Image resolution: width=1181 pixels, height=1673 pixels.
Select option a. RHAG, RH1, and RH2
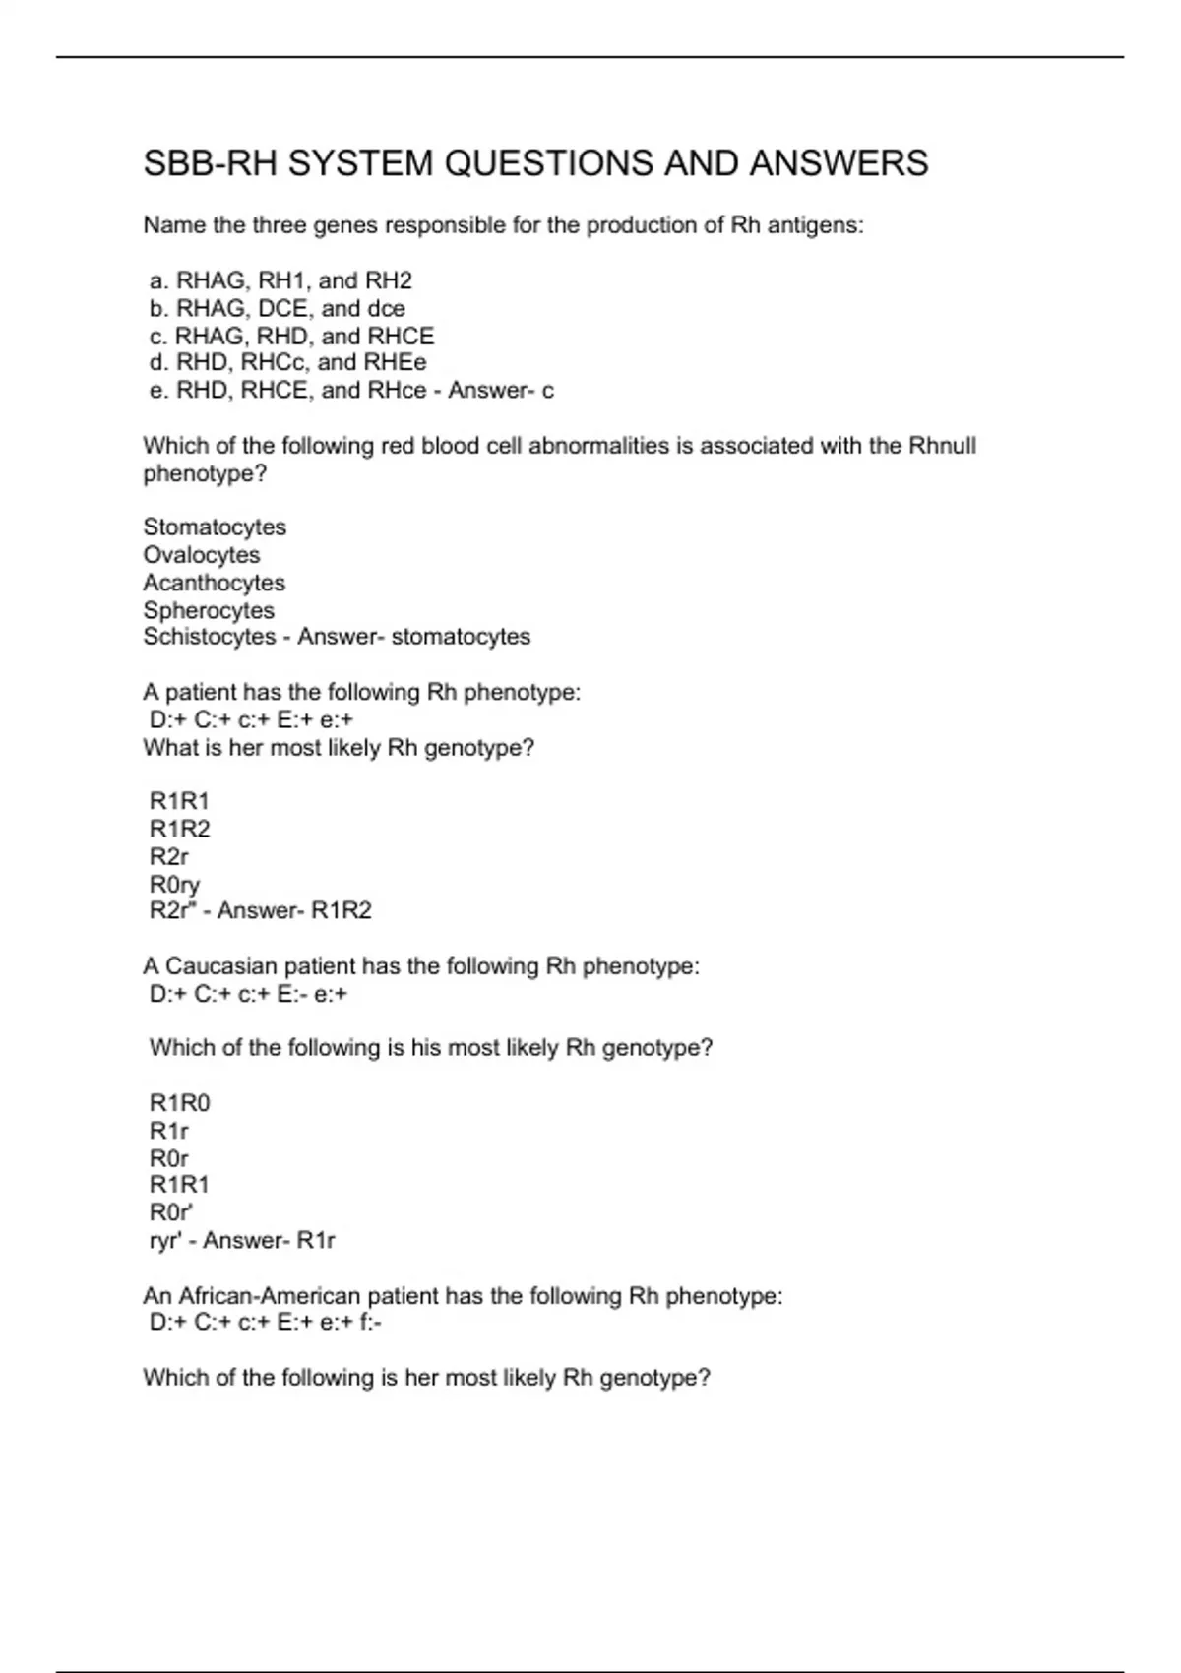point(280,280)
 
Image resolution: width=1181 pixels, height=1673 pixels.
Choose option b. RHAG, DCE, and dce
point(277,308)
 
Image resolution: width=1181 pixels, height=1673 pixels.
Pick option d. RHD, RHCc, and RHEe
point(287,362)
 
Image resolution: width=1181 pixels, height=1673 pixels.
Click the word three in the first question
point(280,225)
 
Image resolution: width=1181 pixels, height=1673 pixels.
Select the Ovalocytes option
point(202,555)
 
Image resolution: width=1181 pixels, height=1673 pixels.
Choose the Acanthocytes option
point(214,583)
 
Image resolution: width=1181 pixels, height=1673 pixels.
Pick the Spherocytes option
point(209,610)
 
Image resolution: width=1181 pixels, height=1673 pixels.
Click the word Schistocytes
point(210,637)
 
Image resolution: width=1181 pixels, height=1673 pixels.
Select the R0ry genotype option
point(174,885)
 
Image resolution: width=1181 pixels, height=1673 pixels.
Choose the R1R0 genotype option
point(179,1103)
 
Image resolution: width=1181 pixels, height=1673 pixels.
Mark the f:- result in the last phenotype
point(371,1323)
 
